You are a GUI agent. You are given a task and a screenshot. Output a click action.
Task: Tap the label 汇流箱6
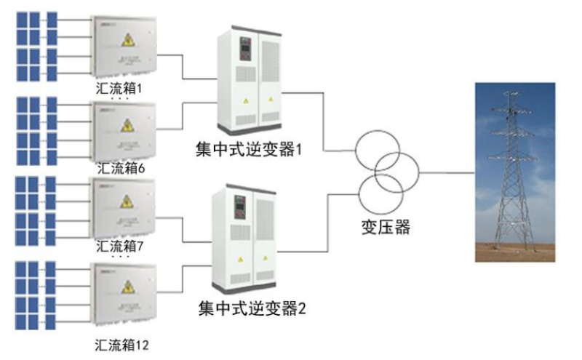click(121, 168)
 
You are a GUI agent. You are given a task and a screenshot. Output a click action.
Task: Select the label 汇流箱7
click(121, 246)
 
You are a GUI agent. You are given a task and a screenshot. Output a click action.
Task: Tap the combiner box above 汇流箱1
click(124, 47)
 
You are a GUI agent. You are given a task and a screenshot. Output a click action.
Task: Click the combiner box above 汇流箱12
click(124, 295)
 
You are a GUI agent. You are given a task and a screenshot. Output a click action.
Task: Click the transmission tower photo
click(515, 172)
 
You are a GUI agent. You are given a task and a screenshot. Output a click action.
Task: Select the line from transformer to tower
click(447, 172)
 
